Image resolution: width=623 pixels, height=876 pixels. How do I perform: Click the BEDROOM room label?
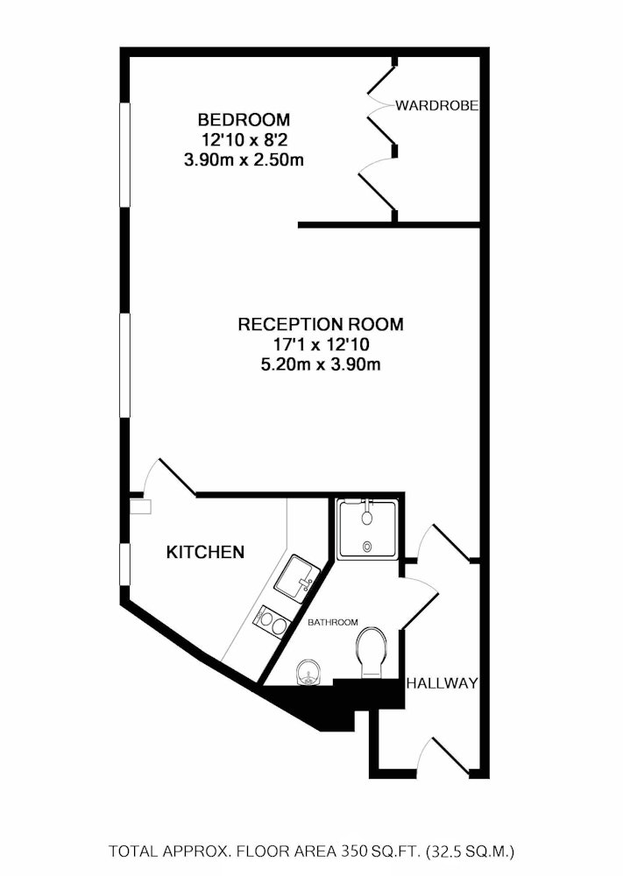point(244,119)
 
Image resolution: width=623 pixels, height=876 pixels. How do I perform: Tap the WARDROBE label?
point(437,105)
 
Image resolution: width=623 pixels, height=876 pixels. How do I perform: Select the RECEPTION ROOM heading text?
point(321,324)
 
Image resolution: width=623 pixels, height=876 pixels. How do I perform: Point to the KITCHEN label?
point(206,553)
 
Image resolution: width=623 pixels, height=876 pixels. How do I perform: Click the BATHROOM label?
point(333,622)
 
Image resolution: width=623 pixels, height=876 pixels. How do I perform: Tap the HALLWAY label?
point(442,682)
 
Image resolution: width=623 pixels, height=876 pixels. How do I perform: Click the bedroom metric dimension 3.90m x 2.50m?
point(244,160)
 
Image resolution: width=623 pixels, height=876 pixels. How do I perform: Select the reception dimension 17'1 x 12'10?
point(321,344)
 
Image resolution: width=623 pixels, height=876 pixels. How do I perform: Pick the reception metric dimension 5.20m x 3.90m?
point(321,364)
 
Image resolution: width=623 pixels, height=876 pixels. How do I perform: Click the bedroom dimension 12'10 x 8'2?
point(244,139)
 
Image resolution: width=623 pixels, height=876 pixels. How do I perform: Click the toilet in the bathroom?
point(371,653)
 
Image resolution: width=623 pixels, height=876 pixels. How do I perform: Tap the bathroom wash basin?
point(307,672)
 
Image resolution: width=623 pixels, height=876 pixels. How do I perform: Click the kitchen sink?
point(297,578)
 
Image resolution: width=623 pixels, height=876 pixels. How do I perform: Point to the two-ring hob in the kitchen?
point(273,621)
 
